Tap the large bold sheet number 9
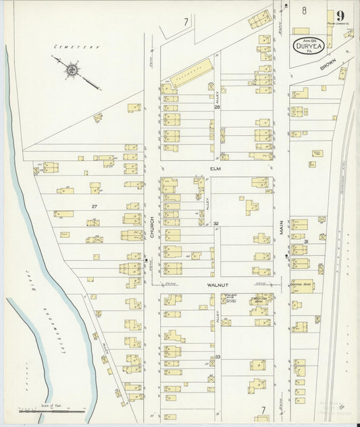338,16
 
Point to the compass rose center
71,69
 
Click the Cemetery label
76,47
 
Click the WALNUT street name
215,286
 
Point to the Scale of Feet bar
51,410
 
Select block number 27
95,206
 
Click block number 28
217,107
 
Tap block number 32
216,223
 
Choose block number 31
306,241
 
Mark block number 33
217,356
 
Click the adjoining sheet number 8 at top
305,9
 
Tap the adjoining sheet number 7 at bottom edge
263,409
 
